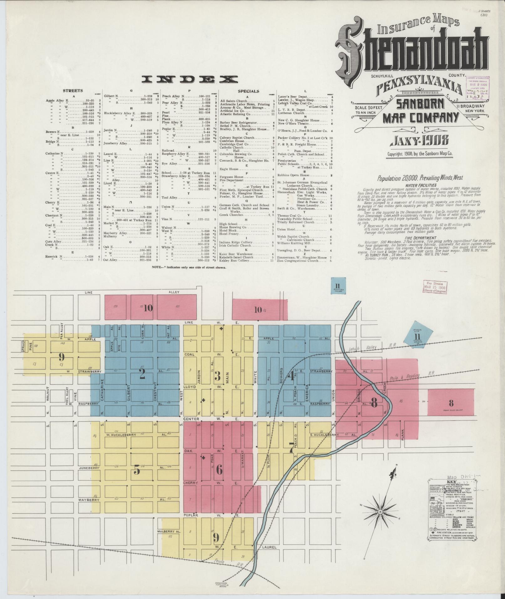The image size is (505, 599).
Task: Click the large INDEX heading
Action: pyautogui.click(x=189, y=79)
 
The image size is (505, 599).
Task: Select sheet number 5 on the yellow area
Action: pyautogui.click(x=137, y=470)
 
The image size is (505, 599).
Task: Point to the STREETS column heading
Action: pyautogui.click(x=73, y=91)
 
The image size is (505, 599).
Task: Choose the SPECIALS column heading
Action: pyautogui.click(x=248, y=91)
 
